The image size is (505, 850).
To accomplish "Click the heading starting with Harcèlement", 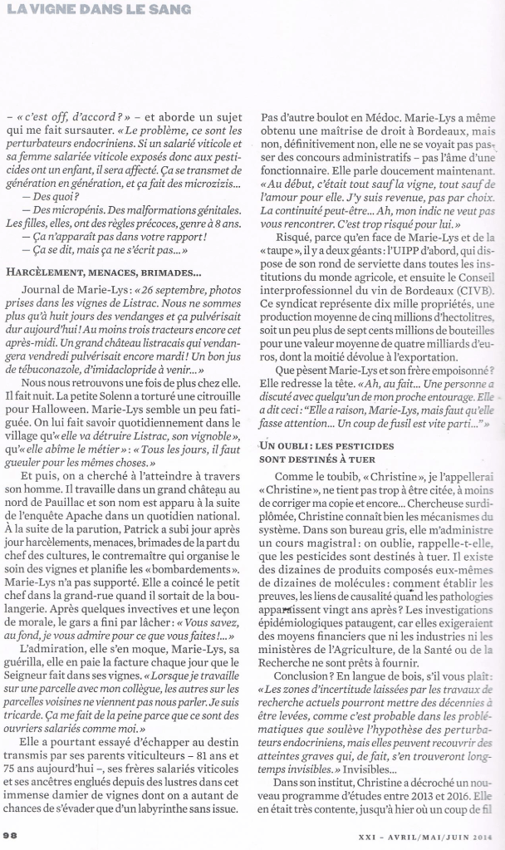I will pos(103,272).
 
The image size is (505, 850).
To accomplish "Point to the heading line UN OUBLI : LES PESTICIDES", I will pos(333,448).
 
